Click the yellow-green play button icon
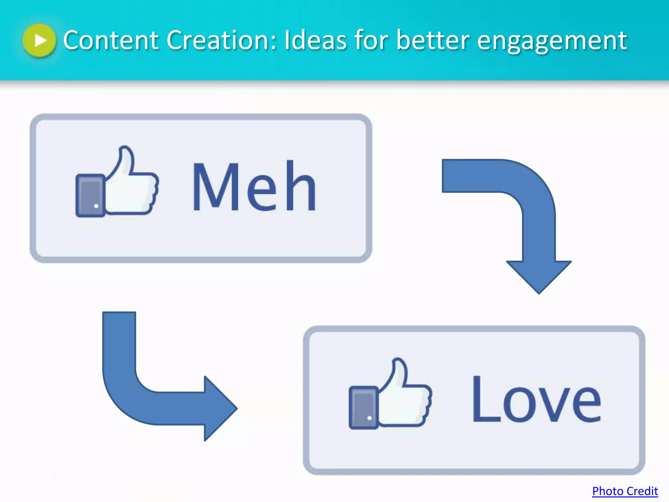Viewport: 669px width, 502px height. [40, 41]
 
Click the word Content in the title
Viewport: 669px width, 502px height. [111, 40]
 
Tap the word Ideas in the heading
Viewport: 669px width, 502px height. [315, 40]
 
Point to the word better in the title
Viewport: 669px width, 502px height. [433, 40]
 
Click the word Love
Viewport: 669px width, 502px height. [536, 399]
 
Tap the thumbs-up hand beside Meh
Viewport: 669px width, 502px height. [131, 186]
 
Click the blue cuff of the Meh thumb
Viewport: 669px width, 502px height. [90, 195]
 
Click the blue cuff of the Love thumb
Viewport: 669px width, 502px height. [363, 407]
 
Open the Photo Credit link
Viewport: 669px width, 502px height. [625, 491]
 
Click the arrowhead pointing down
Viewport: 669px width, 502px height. [539, 276]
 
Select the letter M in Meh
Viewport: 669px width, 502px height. [215, 186]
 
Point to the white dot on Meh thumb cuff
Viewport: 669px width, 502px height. [96, 206]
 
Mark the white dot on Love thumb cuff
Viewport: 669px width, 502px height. [369, 418]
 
